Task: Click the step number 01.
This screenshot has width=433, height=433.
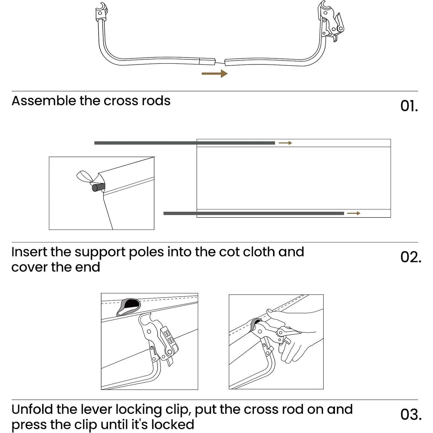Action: tap(409, 106)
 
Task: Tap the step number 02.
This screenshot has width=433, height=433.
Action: tap(410, 257)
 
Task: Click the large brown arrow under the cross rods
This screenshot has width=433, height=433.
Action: tap(214, 73)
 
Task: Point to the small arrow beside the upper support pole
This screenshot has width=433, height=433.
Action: tap(285, 143)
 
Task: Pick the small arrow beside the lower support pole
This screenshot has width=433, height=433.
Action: tap(353, 213)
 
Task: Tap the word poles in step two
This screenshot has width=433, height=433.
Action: tap(146, 252)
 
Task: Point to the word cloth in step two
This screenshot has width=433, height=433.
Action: tap(259, 252)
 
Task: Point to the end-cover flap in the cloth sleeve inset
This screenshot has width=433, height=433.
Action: tap(84, 176)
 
